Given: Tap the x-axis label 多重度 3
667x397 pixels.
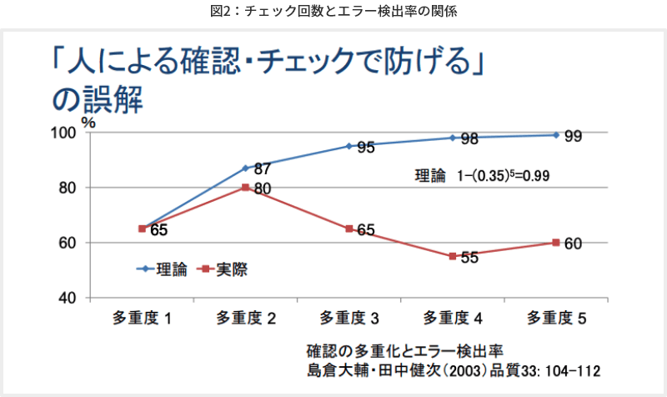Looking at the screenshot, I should click(x=349, y=318).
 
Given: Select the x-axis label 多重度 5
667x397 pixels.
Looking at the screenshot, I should click(x=556, y=318).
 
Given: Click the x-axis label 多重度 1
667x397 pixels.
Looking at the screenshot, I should click(x=143, y=318).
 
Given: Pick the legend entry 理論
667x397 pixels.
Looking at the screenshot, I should click(x=172, y=269).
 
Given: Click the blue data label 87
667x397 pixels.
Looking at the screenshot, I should click(x=263, y=168).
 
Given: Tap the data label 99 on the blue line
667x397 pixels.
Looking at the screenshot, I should click(x=573, y=137).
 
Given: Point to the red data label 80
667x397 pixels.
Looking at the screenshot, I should click(x=263, y=189).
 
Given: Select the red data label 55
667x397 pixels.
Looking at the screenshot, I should click(x=469, y=258).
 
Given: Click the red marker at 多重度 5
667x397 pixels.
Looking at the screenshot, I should click(x=556, y=243).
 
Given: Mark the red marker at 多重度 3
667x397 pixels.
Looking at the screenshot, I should click(x=349, y=229).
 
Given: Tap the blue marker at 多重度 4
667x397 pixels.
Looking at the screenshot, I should click(x=453, y=138).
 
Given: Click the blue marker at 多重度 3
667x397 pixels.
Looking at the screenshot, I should click(x=349, y=146).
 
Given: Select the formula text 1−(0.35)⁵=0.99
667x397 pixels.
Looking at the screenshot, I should click(x=504, y=177).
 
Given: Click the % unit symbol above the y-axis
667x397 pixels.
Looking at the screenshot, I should click(x=88, y=122).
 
